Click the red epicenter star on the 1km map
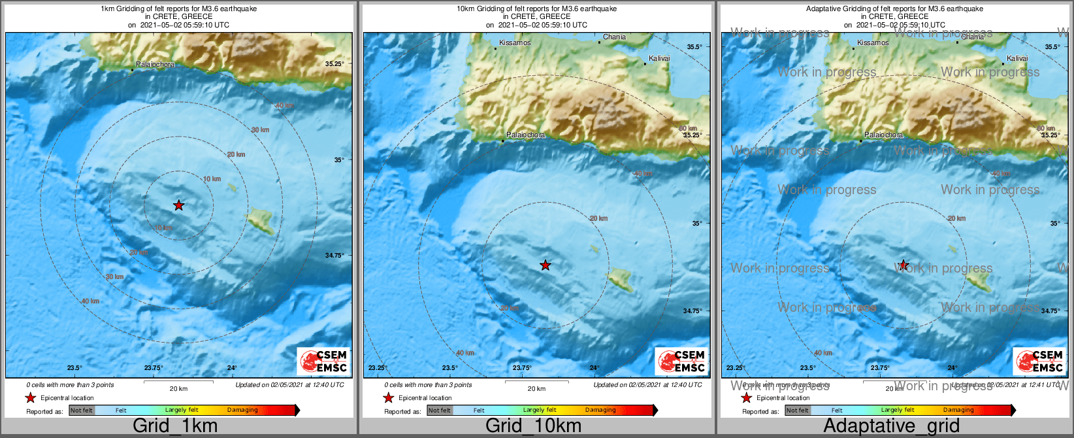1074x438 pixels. click(178, 205)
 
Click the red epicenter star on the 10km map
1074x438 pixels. click(545, 265)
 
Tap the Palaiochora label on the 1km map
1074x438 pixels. click(155, 65)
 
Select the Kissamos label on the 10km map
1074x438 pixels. click(515, 42)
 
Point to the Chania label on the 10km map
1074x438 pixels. click(614, 37)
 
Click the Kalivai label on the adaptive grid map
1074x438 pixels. click(1017, 58)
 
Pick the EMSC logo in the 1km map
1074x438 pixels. click(323, 362)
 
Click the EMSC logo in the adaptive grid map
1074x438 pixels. click(1039, 362)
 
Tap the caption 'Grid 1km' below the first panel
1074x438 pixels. click(175, 426)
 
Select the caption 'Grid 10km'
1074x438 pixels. click(533, 426)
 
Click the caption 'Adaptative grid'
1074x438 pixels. click(891, 426)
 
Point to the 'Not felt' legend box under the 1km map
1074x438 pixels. click(82, 411)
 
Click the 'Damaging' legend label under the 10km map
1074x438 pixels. click(600, 410)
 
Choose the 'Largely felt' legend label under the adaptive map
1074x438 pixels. click(898, 410)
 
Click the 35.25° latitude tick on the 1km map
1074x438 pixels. click(334, 63)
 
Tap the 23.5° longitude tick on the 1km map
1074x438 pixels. click(74, 368)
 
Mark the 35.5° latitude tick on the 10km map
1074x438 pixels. click(694, 46)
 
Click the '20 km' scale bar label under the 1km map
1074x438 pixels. click(178, 388)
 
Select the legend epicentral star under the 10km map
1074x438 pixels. click(389, 397)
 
